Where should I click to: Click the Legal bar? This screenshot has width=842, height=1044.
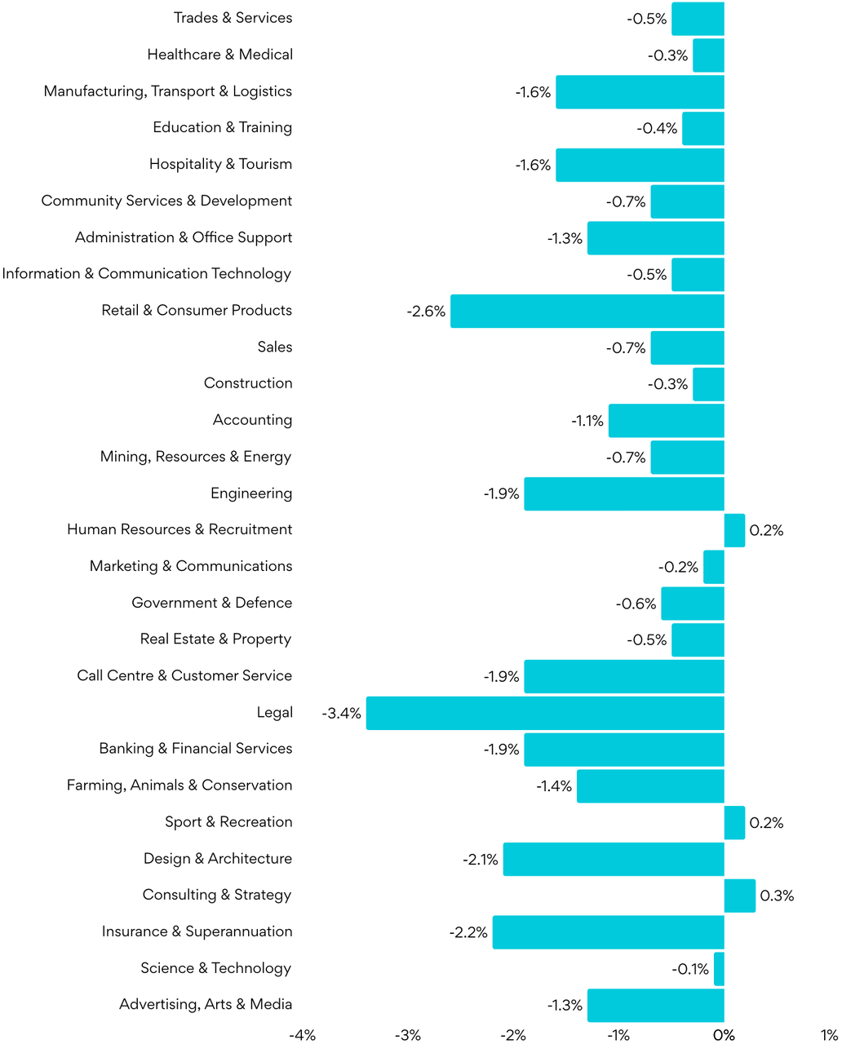545,713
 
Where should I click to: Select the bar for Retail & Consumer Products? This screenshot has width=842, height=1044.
587,311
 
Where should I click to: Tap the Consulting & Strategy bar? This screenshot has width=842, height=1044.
740,896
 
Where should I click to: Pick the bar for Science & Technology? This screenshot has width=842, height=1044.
719,969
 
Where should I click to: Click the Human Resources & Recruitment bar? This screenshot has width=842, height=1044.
734,530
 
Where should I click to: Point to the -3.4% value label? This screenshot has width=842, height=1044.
342,714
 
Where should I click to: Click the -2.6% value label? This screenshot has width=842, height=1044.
426,312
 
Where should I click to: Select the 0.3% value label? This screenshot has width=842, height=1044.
777,896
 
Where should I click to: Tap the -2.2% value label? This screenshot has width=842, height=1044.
468,932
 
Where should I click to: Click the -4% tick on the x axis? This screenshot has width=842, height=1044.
302,1035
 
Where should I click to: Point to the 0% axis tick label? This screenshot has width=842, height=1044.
724,1035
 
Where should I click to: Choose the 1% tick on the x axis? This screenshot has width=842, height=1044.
830,1035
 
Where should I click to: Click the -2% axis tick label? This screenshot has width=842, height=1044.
512,1035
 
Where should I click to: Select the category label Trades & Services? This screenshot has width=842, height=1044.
233,18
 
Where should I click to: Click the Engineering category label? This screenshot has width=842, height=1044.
250,493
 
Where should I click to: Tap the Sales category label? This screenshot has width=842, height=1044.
274,347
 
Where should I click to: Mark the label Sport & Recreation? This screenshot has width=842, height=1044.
228,822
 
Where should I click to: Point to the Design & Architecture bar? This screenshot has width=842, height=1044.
614,859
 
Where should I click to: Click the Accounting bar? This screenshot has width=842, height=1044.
666,421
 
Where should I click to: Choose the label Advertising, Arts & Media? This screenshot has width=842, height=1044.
206,1005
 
